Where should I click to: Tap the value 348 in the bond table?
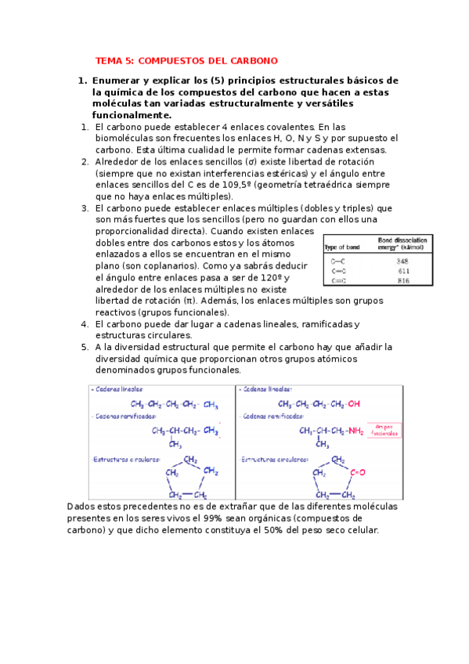pos(402,261)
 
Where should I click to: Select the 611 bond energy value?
pos(402,270)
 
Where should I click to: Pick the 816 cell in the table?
pos(402,280)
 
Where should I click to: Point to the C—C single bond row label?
pos(339,261)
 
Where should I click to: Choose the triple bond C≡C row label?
pos(339,280)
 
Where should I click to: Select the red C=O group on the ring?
pos(359,472)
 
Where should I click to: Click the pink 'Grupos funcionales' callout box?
pos(382,429)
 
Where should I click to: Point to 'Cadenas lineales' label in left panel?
pos(117,389)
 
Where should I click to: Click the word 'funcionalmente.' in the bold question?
pos(132,115)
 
